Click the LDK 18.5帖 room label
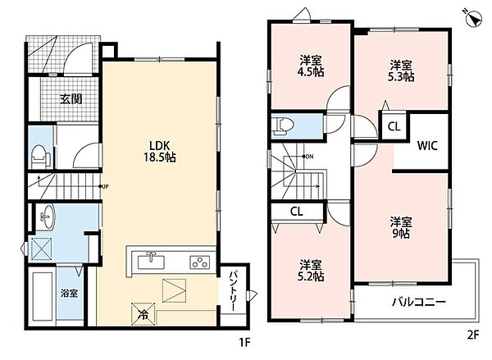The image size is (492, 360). tap(160, 151)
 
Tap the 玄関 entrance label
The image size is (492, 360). tap(71, 99)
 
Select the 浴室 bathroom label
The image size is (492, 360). tap(70, 294)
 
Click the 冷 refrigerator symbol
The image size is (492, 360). tap(143, 314)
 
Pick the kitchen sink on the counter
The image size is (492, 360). tap(151, 261)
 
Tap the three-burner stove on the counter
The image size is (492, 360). tap(200, 262)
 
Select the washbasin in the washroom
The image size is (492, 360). tap(48, 216)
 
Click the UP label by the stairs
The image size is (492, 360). tap(104, 186)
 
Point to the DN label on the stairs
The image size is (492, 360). tap(307, 157)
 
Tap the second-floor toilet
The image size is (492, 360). tap(284, 125)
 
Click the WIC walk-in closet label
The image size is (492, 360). tap(427, 146)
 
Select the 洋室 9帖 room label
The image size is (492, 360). tap(401, 227)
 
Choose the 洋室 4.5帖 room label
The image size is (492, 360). tap(310, 66)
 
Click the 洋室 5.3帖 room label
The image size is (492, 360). tap(401, 71)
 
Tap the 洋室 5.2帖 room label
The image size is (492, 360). tap(310, 271)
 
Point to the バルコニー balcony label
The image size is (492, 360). tap(419, 303)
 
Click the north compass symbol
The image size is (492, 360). tap(473, 18)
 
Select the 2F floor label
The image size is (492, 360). tap(473, 335)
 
